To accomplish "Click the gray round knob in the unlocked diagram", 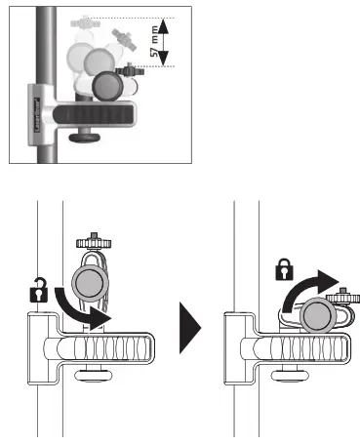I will [92, 283].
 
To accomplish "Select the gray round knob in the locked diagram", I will [316, 316].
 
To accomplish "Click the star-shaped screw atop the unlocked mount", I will [92, 239].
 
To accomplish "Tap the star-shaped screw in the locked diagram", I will [343, 296].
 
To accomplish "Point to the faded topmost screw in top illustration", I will [92, 19].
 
